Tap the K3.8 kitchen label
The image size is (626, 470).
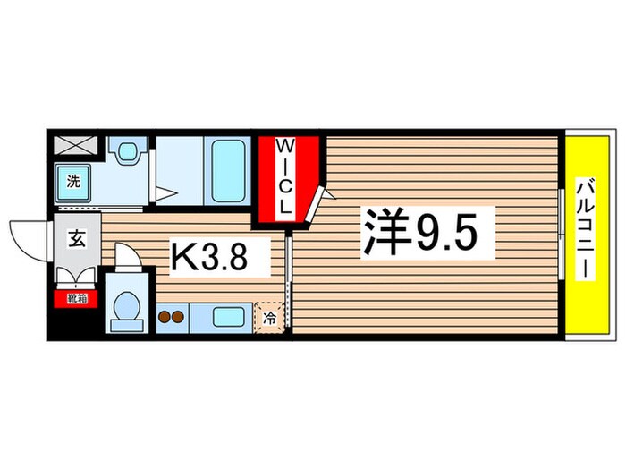pyautogui.click(x=220, y=258)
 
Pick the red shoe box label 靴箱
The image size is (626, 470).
pyautogui.click(x=71, y=299)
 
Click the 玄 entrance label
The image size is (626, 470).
pyautogui.click(x=75, y=238)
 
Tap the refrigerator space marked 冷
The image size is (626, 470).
pyautogui.click(x=268, y=316)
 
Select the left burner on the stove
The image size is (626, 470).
pyautogui.click(x=165, y=316)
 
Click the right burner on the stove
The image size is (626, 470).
pyautogui.click(x=179, y=316)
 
